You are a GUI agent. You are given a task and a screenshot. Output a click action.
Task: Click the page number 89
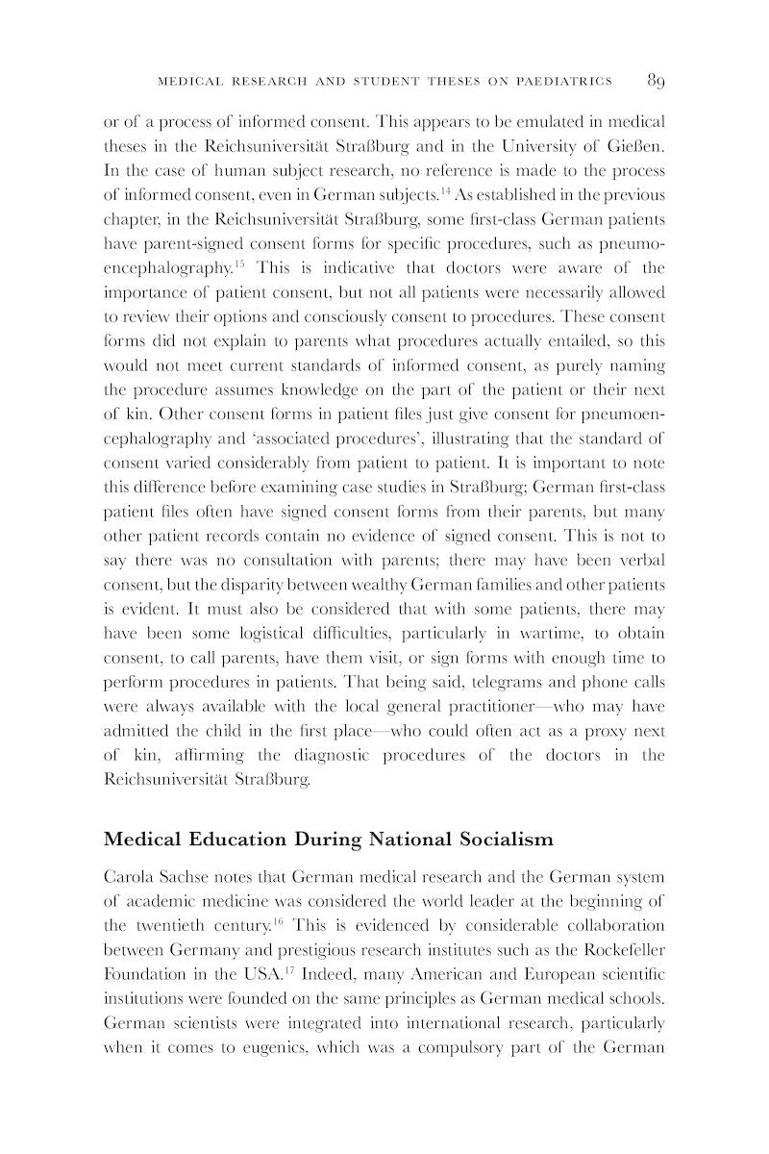point(656,81)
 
